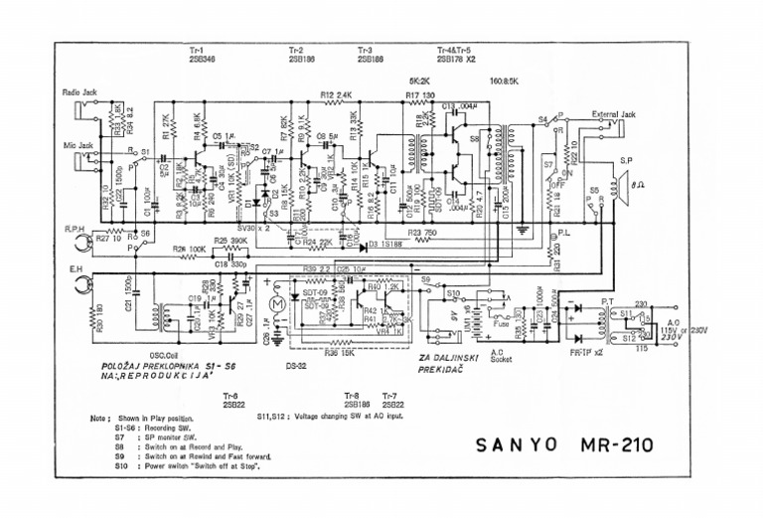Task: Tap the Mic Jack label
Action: pyautogui.click(x=76, y=145)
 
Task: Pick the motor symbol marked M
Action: pyautogui.click(x=278, y=299)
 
